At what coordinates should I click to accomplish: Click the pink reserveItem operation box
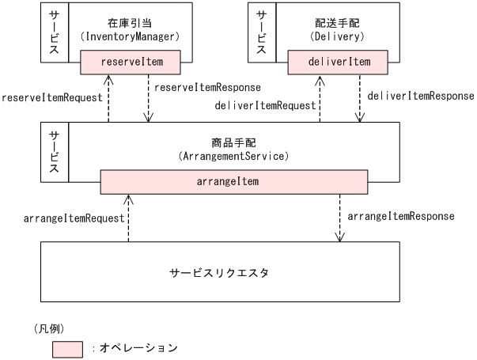pos(131,61)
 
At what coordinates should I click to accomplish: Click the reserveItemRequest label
pos(52,97)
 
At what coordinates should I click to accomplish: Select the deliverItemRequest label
pos(266,104)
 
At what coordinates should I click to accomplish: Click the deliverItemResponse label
pos(420,96)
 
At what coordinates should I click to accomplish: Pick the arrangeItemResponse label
pos(401,215)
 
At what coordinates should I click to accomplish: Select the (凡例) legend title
pos(48,328)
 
